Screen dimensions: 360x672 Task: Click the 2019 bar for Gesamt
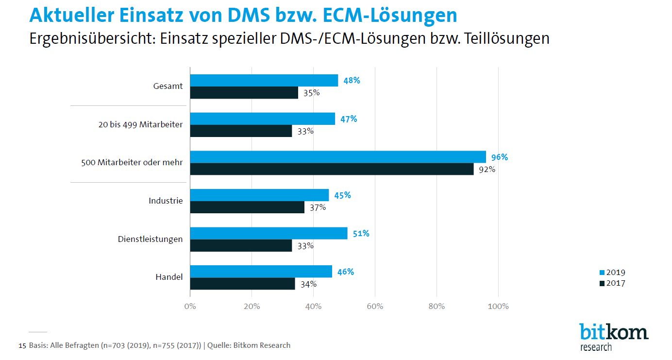pos(264,81)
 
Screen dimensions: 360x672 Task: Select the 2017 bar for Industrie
pos(247,207)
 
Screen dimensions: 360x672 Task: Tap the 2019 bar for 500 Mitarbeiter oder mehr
pos(338,157)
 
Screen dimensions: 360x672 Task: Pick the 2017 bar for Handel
pos(242,284)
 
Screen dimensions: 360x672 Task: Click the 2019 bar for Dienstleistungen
pos(269,233)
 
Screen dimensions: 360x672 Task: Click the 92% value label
pos(487,170)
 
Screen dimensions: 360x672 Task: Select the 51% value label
pos(360,234)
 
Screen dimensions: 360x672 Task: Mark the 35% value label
pos(311,93)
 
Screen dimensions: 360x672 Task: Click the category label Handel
pos(169,277)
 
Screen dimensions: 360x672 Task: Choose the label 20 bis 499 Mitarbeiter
pos(140,124)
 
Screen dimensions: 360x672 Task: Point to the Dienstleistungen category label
pos(150,239)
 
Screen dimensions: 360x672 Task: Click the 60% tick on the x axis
pos(375,307)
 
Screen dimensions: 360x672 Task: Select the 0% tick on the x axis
pos(190,307)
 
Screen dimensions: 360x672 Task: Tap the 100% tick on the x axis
pos(498,307)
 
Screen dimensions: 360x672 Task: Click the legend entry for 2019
pos(612,273)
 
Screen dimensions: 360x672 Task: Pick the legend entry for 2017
pos(612,283)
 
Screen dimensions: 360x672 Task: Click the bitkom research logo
pos(613,336)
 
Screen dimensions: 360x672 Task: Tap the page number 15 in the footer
pos(22,346)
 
